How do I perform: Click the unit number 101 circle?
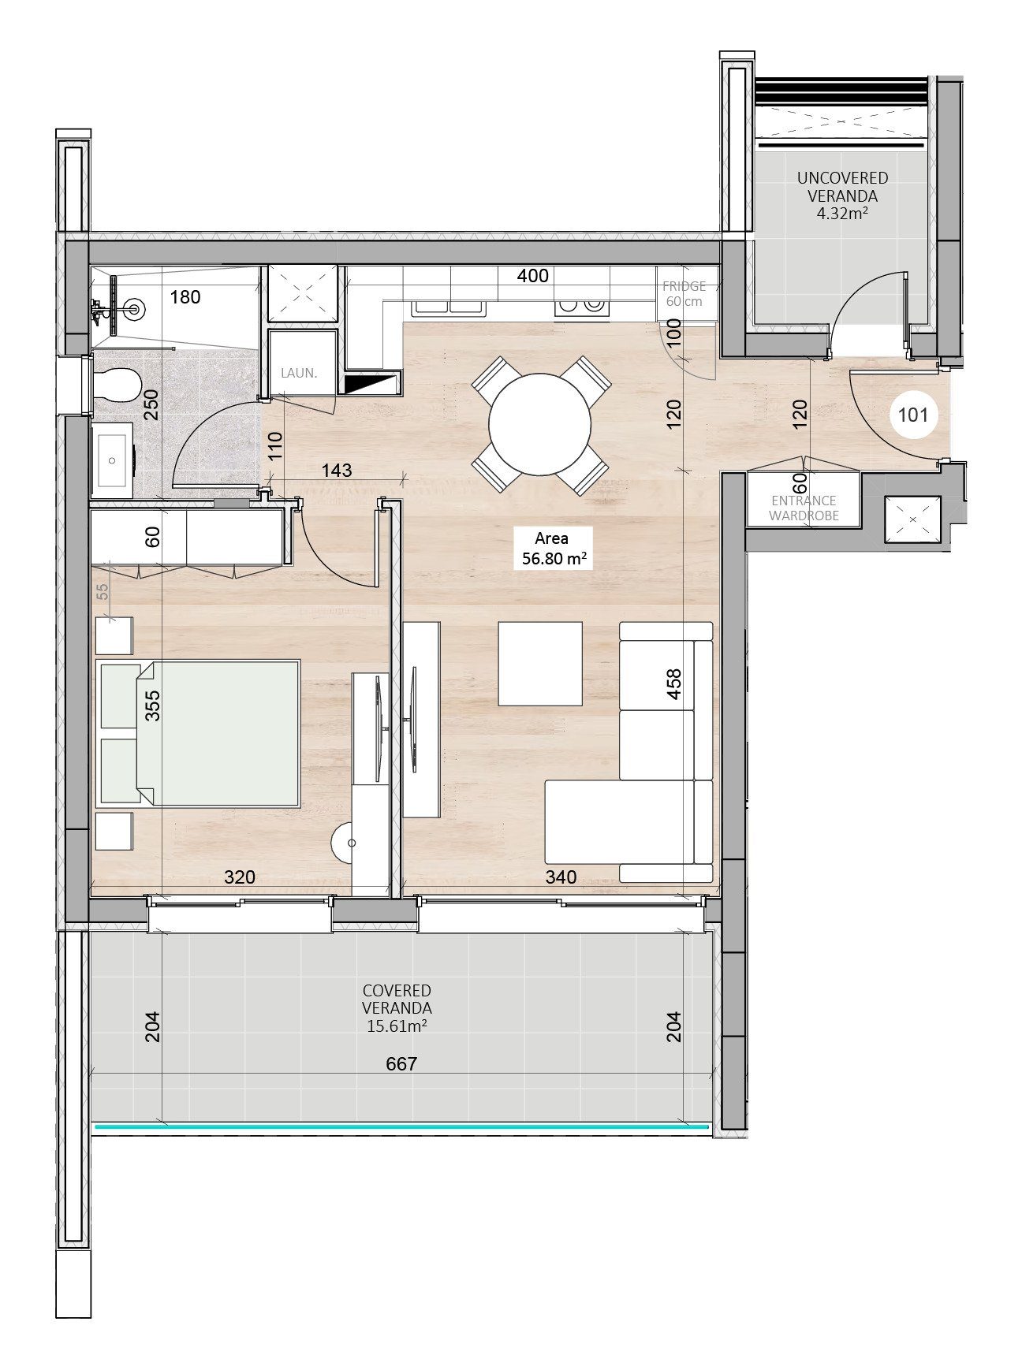click(913, 415)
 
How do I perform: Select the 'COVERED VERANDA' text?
click(397, 999)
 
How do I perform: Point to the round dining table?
click(539, 424)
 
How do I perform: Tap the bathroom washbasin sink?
click(113, 461)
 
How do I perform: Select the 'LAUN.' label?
click(299, 373)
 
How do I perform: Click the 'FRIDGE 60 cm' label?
click(684, 293)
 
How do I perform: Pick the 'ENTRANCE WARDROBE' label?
click(804, 508)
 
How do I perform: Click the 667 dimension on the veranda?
click(401, 1064)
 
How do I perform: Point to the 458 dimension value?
click(673, 685)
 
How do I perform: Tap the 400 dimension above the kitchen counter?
click(533, 276)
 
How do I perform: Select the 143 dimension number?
click(337, 470)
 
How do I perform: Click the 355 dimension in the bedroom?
click(152, 705)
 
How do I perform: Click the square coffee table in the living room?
click(540, 664)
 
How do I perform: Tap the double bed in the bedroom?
click(198, 734)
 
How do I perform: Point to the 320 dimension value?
click(240, 877)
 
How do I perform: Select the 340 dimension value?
click(561, 877)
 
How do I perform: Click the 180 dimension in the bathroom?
click(185, 297)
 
